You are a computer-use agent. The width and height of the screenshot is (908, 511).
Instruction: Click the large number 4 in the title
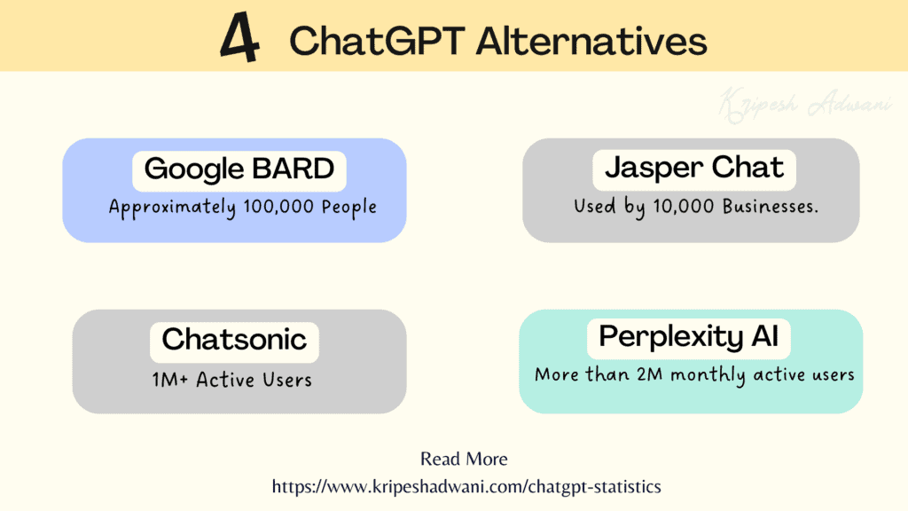(x=239, y=38)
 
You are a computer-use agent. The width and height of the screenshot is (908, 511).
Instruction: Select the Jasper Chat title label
(x=694, y=168)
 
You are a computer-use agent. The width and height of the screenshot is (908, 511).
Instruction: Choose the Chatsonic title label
(x=234, y=339)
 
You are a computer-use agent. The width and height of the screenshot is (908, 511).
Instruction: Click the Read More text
(x=464, y=459)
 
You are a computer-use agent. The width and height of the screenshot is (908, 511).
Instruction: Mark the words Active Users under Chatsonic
(x=254, y=380)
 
